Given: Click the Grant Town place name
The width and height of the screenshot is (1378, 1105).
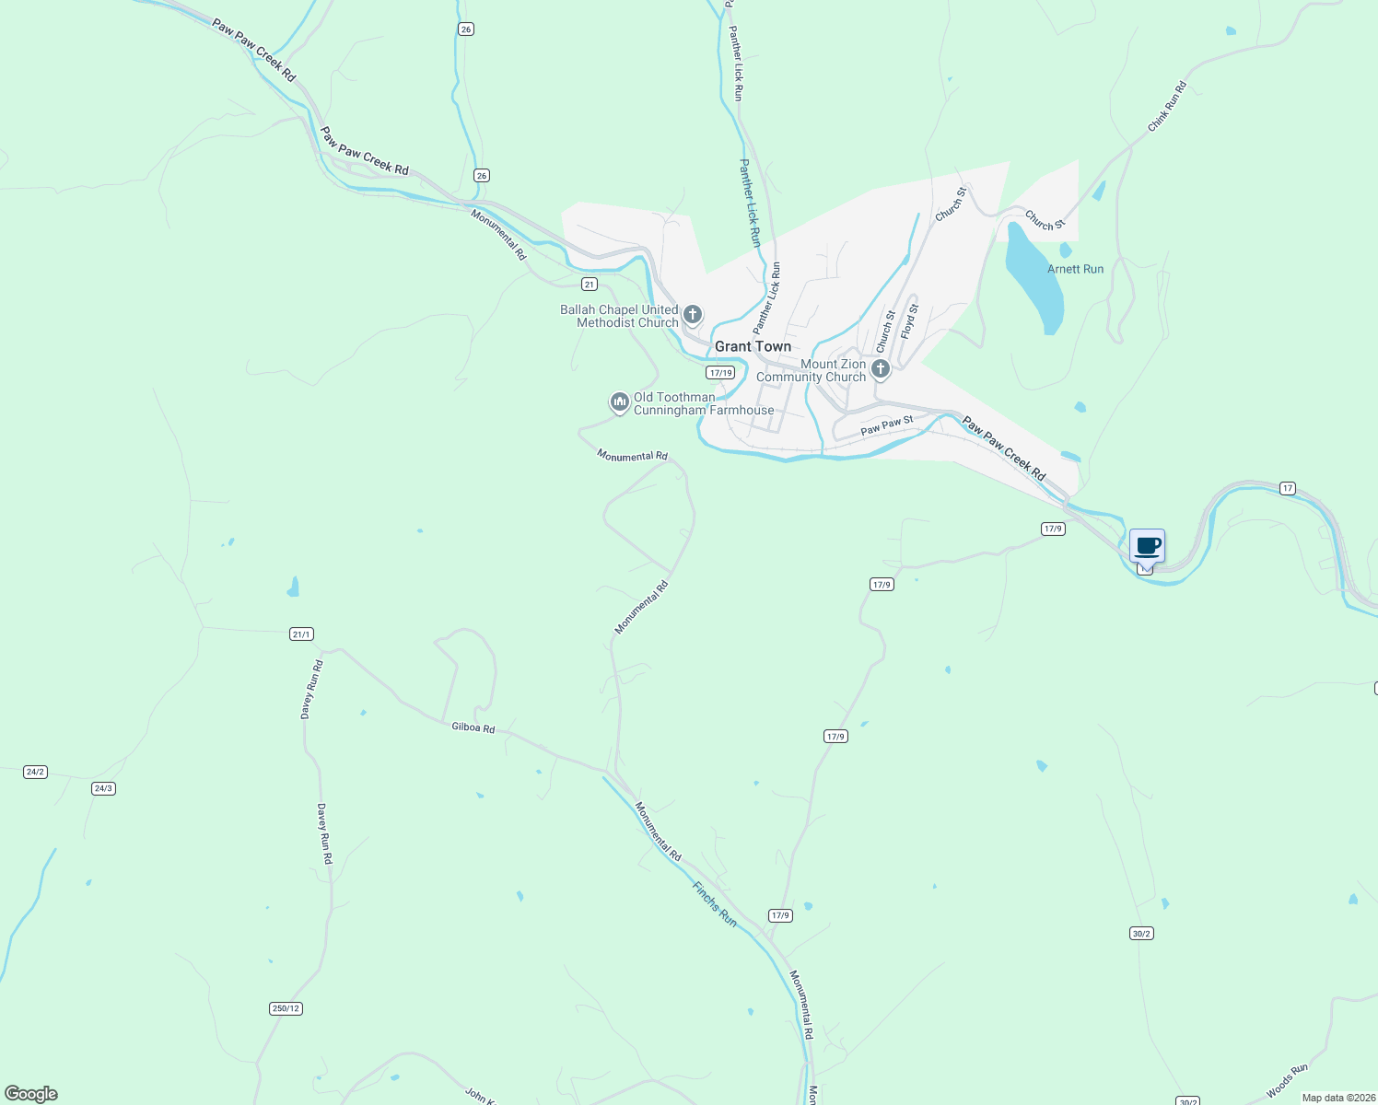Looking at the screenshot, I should point(753,346).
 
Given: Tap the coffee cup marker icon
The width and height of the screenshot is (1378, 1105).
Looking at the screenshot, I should point(1147,546).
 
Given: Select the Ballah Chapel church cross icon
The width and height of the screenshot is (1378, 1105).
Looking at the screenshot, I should point(693,316).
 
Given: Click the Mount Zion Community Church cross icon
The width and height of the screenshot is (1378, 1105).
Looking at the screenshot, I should point(880,370).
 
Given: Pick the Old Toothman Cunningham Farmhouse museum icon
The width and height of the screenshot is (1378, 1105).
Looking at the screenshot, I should point(619,402).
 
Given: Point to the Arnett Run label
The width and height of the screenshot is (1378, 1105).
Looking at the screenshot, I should point(1075,269).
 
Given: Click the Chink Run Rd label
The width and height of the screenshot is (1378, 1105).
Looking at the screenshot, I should point(1166,107).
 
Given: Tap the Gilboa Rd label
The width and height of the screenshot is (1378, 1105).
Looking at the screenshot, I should point(473,727).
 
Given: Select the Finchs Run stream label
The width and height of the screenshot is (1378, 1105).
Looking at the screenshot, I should point(715,904).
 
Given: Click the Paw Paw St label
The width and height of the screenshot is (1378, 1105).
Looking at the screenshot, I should point(886,425).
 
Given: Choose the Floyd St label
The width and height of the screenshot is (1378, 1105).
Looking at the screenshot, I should point(910,321).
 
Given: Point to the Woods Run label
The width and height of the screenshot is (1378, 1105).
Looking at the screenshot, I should point(1287,1081).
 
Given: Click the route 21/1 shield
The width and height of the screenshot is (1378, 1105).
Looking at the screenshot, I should point(301,634).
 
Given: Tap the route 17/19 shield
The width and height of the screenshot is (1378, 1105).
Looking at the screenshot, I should point(720,373).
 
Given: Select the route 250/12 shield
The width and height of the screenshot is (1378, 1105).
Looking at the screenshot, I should point(286,1008).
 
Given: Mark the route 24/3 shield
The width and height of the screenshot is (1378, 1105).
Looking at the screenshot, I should point(103,788).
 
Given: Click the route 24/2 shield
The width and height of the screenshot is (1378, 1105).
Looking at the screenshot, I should point(35,772).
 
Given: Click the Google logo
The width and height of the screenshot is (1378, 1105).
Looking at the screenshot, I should point(31,1094).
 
